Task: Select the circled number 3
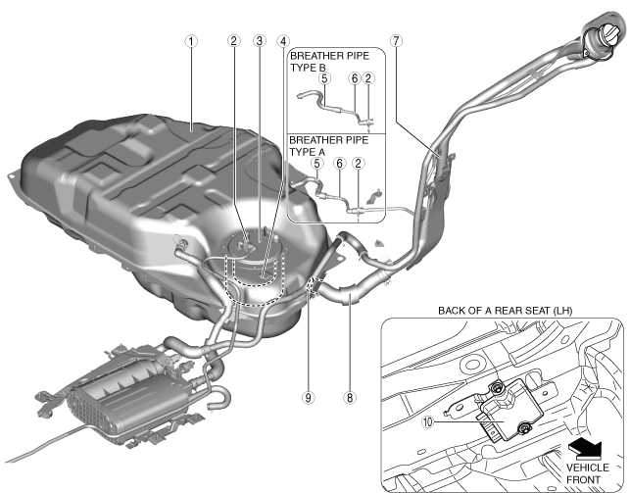click(259, 42)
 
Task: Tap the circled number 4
click(283, 42)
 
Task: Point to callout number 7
click(396, 42)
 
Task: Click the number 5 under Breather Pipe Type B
click(323, 78)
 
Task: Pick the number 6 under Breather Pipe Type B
click(354, 78)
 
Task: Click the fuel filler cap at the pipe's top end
click(599, 37)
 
